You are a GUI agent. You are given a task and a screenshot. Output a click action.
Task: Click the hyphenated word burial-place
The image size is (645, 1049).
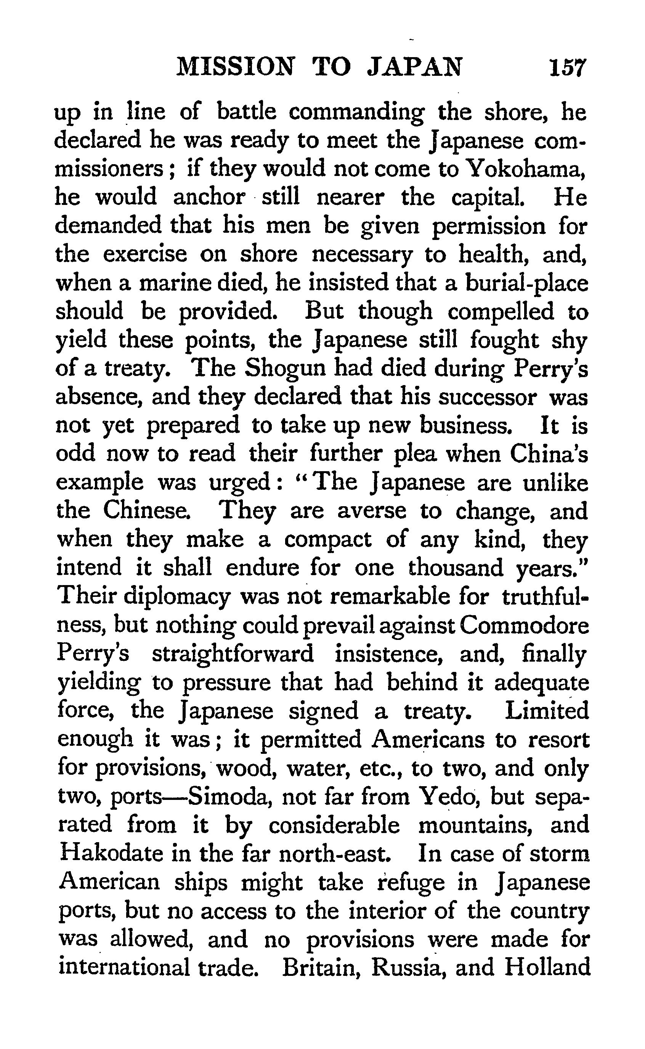527,283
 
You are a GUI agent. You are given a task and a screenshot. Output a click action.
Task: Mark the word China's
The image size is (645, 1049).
549,454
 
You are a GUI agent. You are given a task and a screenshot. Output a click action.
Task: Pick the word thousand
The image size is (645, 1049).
456,568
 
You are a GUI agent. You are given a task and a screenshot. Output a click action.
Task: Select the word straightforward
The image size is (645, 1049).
233,654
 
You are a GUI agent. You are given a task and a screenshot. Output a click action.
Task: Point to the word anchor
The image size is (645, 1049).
209,198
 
